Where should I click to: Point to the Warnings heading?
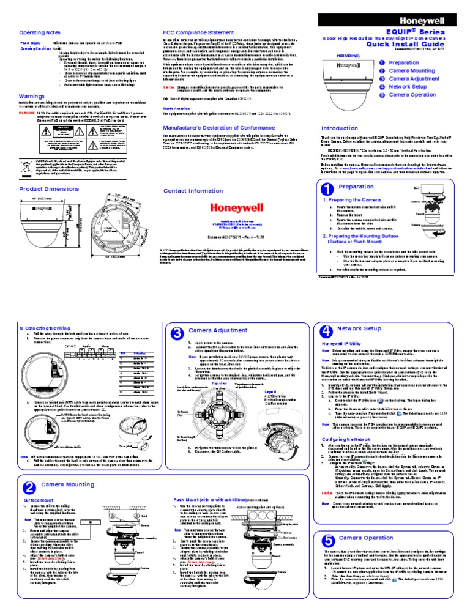coord(31,97)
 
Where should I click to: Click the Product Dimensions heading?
coord(47,190)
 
